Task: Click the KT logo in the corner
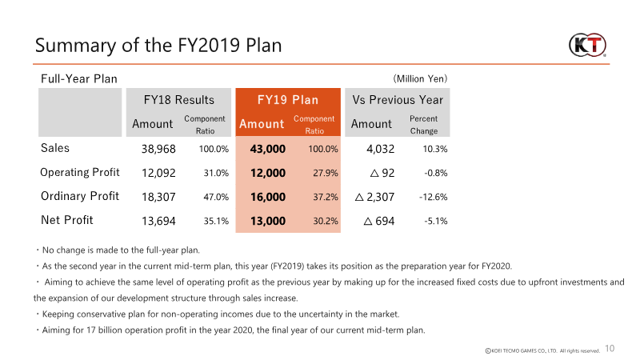click(588, 43)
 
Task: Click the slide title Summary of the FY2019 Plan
click(158, 45)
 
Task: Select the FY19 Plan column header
click(288, 100)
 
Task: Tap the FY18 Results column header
click(178, 100)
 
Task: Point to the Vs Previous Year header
click(398, 100)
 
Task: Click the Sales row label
click(55, 148)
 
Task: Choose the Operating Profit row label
click(80, 172)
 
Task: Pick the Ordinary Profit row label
click(80, 196)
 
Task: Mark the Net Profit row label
click(67, 220)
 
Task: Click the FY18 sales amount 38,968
click(158, 149)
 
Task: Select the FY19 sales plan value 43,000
click(267, 149)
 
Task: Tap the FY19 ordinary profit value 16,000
click(267, 197)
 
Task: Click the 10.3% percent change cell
click(434, 149)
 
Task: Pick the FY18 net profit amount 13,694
click(158, 221)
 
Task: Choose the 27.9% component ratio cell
click(323, 173)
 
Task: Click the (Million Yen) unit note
click(419, 78)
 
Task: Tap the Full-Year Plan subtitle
click(79, 78)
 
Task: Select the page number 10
click(610, 348)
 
